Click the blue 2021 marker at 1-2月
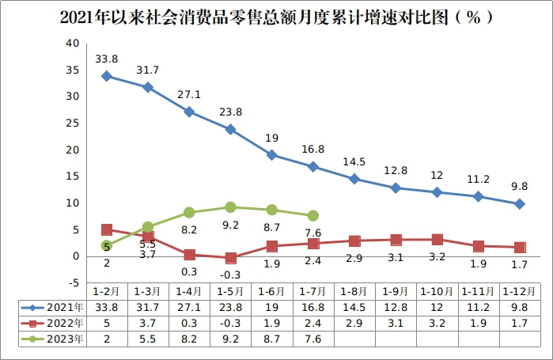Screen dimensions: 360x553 tap(107, 76)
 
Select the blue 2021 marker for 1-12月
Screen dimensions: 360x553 tap(520, 203)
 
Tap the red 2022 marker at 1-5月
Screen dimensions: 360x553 tap(230, 258)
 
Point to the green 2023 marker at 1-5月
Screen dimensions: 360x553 tap(230, 207)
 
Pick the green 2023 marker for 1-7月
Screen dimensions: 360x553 tap(313, 215)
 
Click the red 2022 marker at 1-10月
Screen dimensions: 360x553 tap(437, 239)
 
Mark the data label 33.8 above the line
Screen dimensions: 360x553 tap(107, 59)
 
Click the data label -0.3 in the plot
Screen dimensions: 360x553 tap(230, 275)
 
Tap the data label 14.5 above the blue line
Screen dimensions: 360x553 tap(354, 162)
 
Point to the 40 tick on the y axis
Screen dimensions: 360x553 tap(73, 43)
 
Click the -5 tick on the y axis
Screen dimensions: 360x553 tap(73, 282)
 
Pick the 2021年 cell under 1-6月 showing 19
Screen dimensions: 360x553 tap(271, 307)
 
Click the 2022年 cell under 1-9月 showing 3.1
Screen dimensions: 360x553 tap(396, 323)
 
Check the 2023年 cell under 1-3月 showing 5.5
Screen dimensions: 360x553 tap(148, 339)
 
